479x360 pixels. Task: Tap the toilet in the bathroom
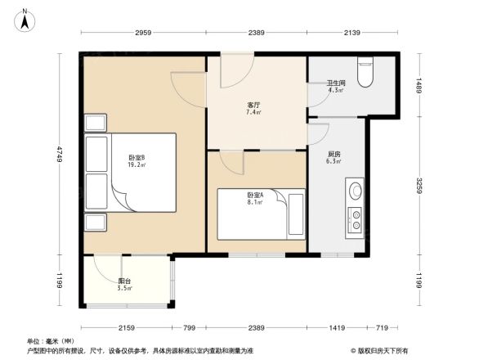click(x=366, y=72)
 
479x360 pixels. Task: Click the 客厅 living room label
click(x=254, y=106)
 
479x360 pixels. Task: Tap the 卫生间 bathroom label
click(x=337, y=82)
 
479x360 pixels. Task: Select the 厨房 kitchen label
click(x=334, y=154)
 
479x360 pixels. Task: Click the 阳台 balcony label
click(x=124, y=281)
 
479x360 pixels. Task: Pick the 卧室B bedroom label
click(x=136, y=157)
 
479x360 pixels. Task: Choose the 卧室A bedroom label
click(x=255, y=195)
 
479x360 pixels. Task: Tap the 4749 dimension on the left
click(x=60, y=153)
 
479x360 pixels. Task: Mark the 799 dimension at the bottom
click(x=189, y=328)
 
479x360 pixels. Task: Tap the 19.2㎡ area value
click(x=136, y=164)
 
